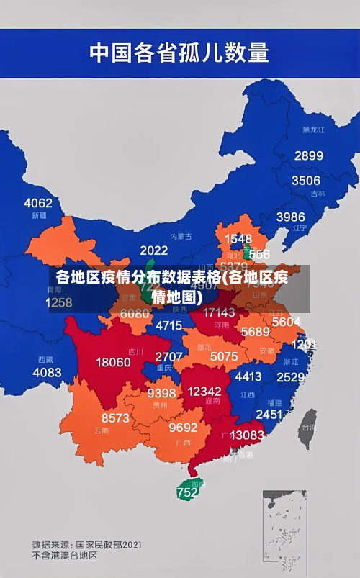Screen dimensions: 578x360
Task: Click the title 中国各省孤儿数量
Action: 179,53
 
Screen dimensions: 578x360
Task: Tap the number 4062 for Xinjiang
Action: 38,203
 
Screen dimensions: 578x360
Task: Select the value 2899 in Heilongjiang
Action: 308,155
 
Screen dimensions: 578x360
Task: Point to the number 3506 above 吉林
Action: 305,181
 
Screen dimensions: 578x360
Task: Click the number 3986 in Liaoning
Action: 290,216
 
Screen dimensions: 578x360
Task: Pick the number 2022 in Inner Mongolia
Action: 153,250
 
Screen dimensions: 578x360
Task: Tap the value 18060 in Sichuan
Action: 114,362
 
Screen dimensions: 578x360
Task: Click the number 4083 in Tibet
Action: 48,372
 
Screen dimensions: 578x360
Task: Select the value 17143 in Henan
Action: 219,312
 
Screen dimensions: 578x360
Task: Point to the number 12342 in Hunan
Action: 204,391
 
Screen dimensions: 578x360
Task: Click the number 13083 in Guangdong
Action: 247,435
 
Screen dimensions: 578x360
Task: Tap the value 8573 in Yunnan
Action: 115,417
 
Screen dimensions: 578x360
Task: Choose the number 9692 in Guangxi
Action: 183,428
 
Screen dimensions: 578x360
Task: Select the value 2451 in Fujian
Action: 269,415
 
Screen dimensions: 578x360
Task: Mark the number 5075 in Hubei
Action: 224,356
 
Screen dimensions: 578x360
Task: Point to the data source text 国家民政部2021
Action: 108,544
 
